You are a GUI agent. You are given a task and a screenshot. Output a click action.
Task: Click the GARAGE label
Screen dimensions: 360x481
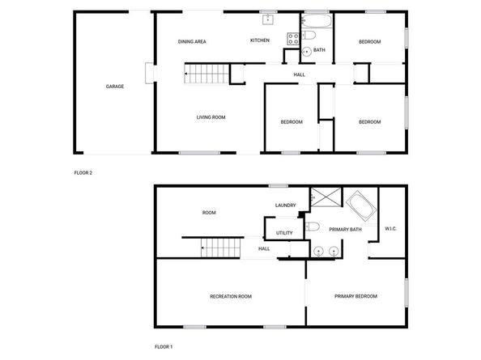tap(114, 86)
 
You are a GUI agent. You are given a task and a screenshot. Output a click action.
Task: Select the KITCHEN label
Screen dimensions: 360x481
tap(259, 40)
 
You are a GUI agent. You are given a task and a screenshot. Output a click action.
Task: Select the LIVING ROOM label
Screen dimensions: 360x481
tap(211, 117)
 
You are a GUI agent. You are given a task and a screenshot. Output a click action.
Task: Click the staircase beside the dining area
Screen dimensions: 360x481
tap(203, 76)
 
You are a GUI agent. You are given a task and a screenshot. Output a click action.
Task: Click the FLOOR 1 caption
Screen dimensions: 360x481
tap(163, 346)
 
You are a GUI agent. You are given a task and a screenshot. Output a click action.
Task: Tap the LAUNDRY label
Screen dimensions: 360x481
tap(285, 205)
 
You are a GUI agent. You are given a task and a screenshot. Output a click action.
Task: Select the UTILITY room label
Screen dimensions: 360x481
tap(283, 233)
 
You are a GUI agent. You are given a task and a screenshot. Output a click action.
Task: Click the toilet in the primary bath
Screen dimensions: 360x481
tap(314, 226)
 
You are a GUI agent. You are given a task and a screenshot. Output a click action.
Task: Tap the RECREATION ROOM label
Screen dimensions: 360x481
tap(230, 297)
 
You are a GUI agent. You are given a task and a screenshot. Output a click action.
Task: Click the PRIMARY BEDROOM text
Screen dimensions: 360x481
tap(355, 297)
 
